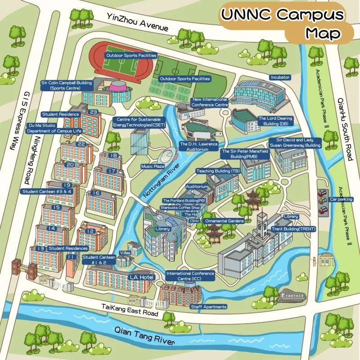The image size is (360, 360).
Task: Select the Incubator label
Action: tap(280, 77)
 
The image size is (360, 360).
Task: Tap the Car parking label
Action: tap(341, 199)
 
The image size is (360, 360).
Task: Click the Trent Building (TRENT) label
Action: tap(293, 229)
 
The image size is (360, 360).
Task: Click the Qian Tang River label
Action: tap(144, 336)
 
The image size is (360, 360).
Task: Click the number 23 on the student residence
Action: tap(94, 112)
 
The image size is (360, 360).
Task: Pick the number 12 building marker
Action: tap(90, 231)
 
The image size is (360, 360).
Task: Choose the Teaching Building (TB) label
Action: tap(218, 171)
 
